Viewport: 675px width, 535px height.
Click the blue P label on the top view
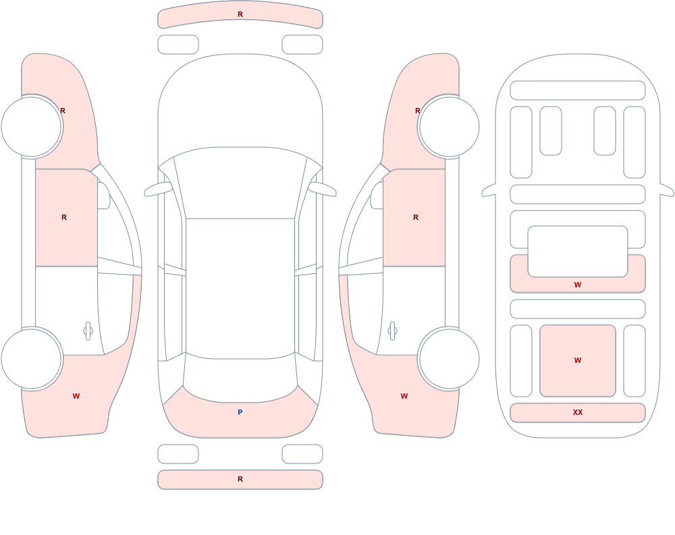coord(240,412)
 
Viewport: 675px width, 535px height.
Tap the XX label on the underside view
coord(578,412)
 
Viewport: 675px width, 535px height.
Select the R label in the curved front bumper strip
coord(240,14)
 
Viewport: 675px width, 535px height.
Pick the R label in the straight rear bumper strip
coord(240,479)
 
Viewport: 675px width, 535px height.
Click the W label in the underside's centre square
coord(578,360)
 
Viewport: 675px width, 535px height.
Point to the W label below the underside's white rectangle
coord(578,285)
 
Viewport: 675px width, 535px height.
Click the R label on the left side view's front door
coord(64,217)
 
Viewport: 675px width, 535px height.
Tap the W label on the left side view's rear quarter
coord(76,396)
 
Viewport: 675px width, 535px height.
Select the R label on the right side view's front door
coord(416,217)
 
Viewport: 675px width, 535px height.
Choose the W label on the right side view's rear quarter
coord(404,396)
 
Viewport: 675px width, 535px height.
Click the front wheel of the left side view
coord(32,127)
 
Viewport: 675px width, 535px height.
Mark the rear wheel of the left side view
coord(32,358)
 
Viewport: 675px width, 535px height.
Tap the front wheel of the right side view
coord(449,127)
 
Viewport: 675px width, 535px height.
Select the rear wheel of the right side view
coord(449,358)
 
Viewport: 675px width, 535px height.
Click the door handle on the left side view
coord(88,331)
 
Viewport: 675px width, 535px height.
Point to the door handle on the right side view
coord(392,331)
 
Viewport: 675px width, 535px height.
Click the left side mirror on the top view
coord(158,189)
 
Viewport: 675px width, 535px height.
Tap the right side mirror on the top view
coord(323,189)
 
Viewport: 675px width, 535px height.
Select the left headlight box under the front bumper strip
coord(178,45)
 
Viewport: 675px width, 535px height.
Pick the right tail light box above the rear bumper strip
coord(302,454)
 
